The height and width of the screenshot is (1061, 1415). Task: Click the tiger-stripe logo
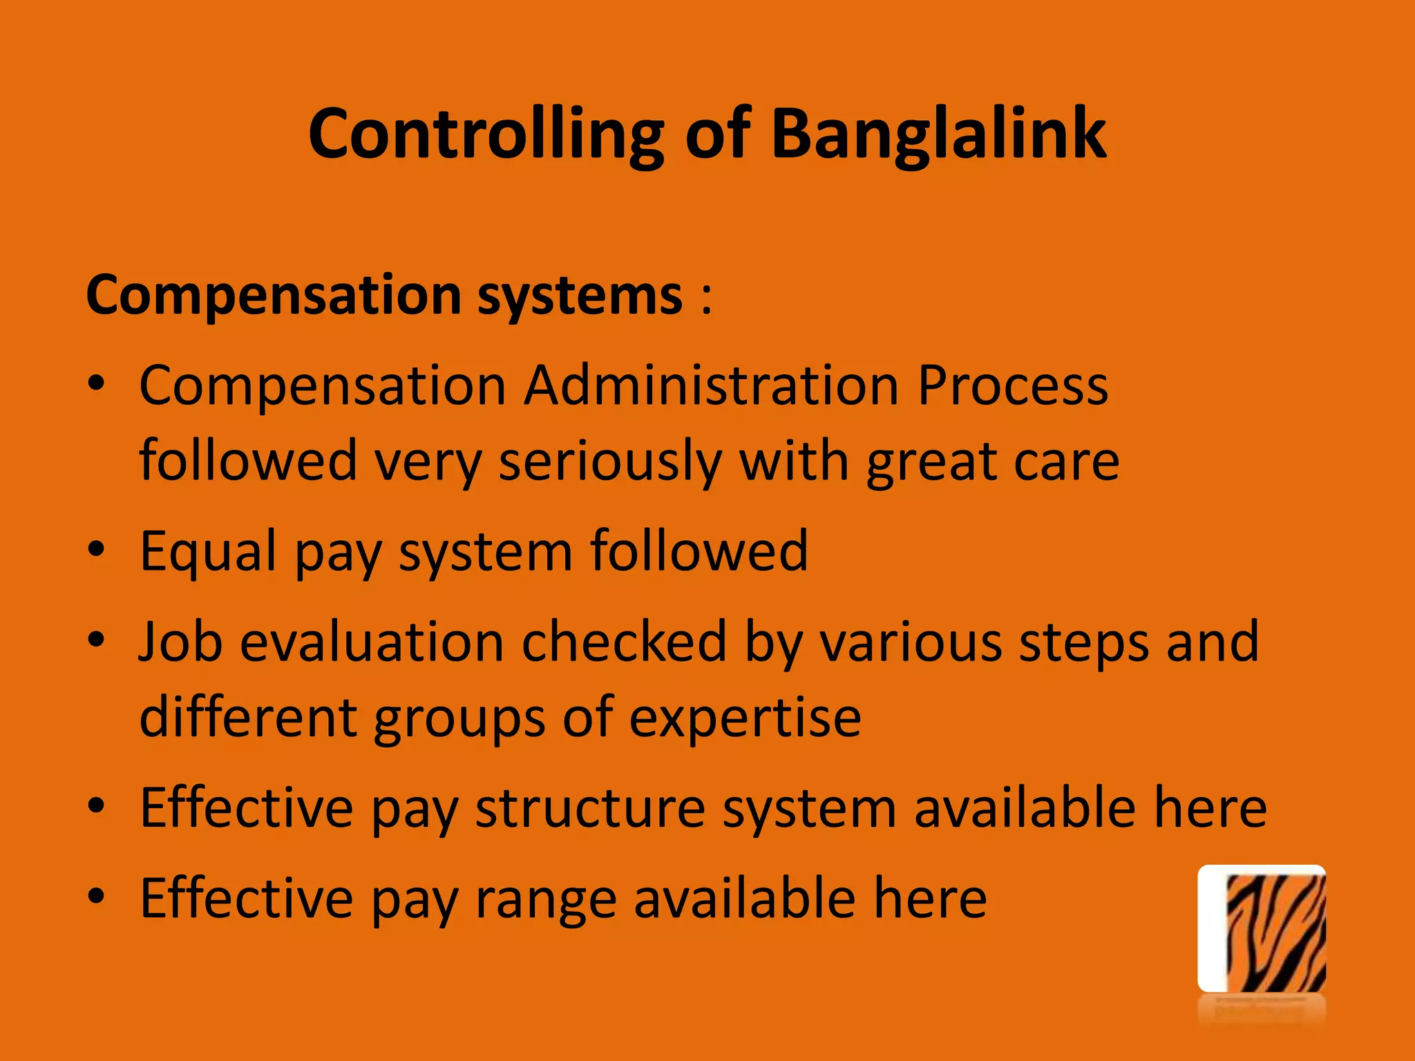(x=1262, y=929)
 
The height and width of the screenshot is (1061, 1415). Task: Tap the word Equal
(x=208, y=552)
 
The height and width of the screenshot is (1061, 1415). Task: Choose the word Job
(x=180, y=642)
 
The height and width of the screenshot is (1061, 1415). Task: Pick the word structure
(x=590, y=807)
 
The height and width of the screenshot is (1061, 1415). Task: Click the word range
(x=545, y=898)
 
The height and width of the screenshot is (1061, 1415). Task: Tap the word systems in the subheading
(x=580, y=296)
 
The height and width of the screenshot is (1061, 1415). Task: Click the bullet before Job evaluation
(x=96, y=640)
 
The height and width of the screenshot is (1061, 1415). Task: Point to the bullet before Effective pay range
(x=96, y=897)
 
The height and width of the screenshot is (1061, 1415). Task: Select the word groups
(x=459, y=719)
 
